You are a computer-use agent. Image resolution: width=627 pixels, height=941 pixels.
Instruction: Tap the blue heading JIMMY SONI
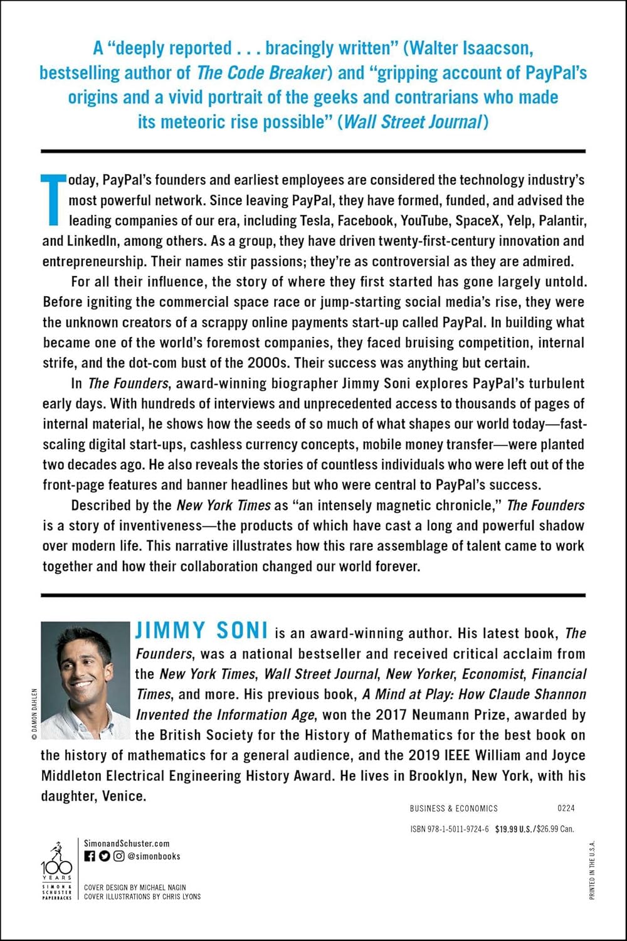(x=202, y=630)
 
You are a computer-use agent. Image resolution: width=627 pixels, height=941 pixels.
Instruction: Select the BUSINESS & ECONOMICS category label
(x=453, y=809)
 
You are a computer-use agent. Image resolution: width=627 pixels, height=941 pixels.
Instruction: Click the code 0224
(x=566, y=809)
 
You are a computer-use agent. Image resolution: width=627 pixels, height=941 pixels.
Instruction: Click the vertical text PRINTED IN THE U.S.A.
(x=593, y=869)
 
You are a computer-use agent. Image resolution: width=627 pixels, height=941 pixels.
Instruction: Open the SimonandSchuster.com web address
(x=127, y=844)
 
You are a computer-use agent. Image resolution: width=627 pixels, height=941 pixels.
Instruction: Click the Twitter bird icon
(x=104, y=856)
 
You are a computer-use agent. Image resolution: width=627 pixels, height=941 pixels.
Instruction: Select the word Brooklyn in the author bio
(x=438, y=775)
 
